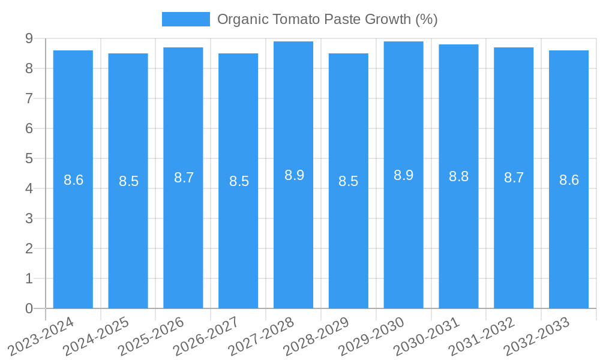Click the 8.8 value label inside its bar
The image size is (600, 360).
[458, 176]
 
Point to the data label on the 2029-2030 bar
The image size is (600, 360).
[403, 175]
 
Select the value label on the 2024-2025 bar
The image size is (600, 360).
[128, 181]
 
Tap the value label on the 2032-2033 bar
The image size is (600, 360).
[569, 180]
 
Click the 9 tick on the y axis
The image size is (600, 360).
[29, 38]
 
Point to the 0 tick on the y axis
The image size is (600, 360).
[29, 308]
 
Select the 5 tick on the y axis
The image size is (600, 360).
[29, 158]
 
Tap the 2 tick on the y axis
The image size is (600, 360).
[29, 248]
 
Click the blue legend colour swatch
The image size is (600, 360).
[185, 19]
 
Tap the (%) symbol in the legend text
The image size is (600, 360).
[426, 19]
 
